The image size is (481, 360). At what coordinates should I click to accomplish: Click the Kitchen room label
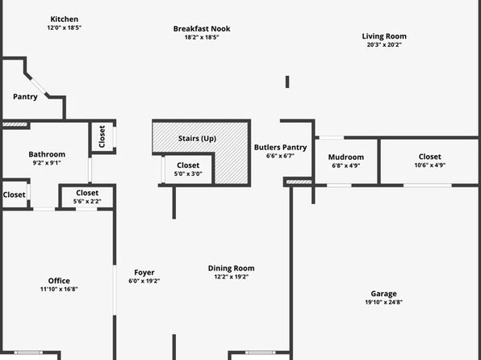pos(64,19)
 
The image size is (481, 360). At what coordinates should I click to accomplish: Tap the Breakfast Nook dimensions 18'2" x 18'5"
pos(202,37)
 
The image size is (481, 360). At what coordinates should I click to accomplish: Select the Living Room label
pos(384,36)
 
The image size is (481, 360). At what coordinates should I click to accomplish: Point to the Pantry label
pos(25,97)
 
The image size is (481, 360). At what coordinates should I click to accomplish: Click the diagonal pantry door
pos(39,86)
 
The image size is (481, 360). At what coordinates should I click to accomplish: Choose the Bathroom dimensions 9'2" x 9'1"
pos(47,163)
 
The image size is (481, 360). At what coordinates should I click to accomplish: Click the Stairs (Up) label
pos(197,138)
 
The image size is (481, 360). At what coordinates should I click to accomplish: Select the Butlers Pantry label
pos(280,148)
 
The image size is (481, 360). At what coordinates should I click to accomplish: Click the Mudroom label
pos(346,157)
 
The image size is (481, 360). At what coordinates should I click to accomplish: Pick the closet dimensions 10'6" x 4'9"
pos(430,165)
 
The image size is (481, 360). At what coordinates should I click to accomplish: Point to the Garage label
pos(383,294)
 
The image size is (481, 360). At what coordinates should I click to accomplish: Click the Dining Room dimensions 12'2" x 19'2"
pos(232,277)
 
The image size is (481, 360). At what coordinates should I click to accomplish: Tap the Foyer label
pos(144,273)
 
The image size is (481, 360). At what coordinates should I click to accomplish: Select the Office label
pos(59,281)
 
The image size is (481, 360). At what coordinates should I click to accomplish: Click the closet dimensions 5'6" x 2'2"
pos(87,201)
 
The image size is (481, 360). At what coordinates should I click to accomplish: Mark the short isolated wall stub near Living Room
pos(287,82)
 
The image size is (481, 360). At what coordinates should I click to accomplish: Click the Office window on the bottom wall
pos(28,353)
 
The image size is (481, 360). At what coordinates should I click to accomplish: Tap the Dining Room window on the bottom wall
pos(260,353)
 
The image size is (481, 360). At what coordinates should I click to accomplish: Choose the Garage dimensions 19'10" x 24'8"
pos(384,302)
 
